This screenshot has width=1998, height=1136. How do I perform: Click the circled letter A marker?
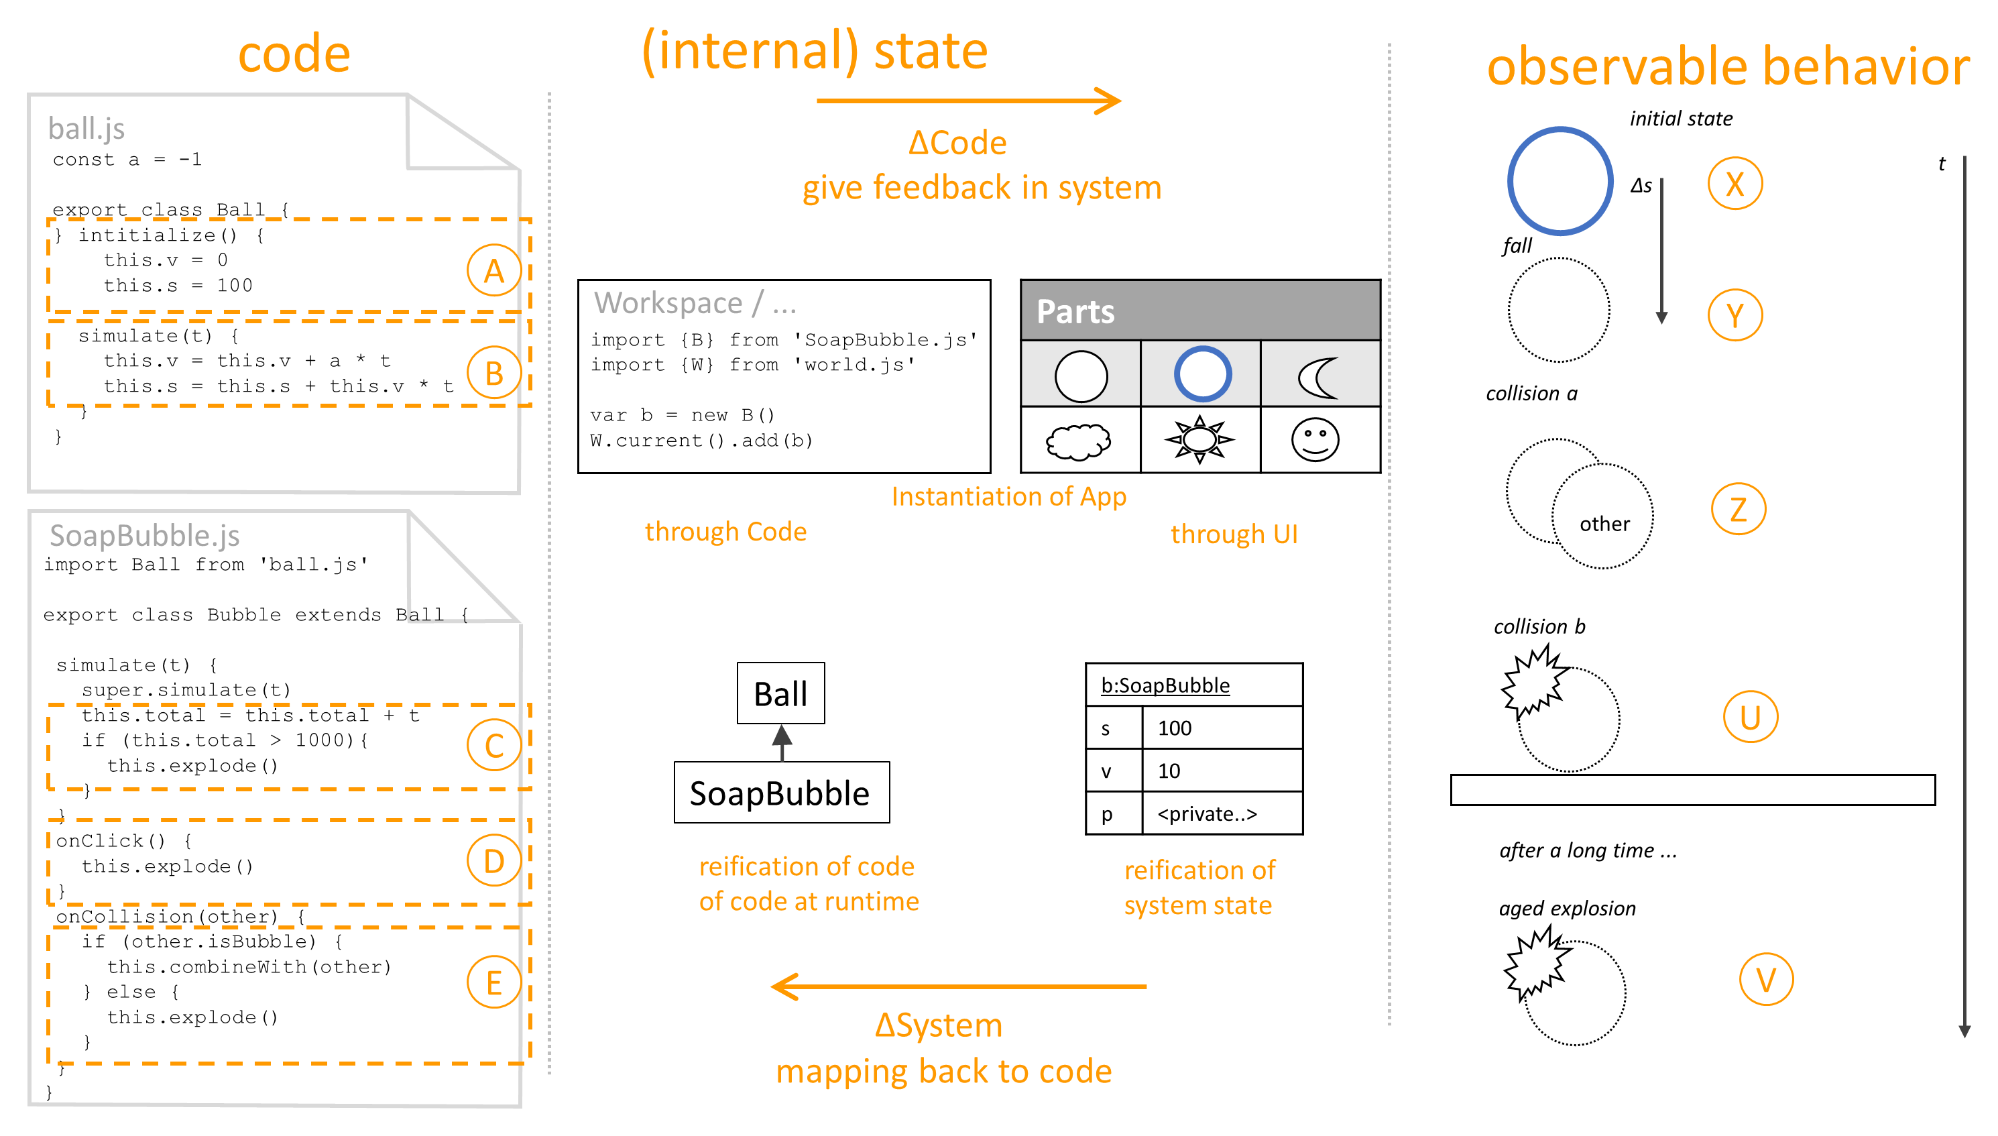493,271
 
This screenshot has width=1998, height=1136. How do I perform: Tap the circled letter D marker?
493,860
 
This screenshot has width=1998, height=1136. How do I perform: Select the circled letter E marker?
493,982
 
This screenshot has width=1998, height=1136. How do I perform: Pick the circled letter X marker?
1734,184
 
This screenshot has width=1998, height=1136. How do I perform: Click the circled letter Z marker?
1738,509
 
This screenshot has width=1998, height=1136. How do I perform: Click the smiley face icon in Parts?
1315,440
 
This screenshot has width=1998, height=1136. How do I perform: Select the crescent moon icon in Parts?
1318,377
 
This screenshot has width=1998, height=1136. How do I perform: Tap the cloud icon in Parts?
1079,441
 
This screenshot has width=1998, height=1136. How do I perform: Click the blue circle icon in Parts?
1201,374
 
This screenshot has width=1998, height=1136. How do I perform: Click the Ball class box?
780,693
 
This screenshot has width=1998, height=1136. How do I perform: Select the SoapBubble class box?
780,793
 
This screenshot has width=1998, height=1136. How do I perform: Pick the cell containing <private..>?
1221,813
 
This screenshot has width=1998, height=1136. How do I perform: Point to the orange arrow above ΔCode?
967,101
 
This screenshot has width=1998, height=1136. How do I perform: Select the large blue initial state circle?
1559,182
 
